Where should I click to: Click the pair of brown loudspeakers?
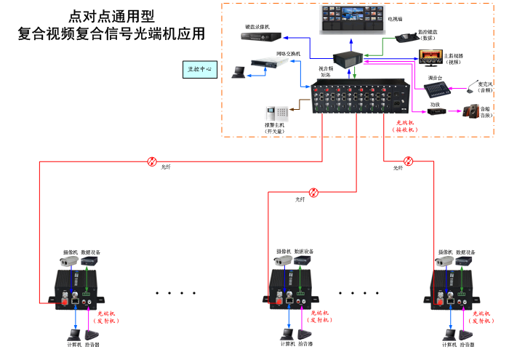[471, 111]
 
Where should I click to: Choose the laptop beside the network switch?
[239, 71]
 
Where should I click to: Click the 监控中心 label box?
[199, 70]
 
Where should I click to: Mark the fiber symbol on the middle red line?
[313, 193]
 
